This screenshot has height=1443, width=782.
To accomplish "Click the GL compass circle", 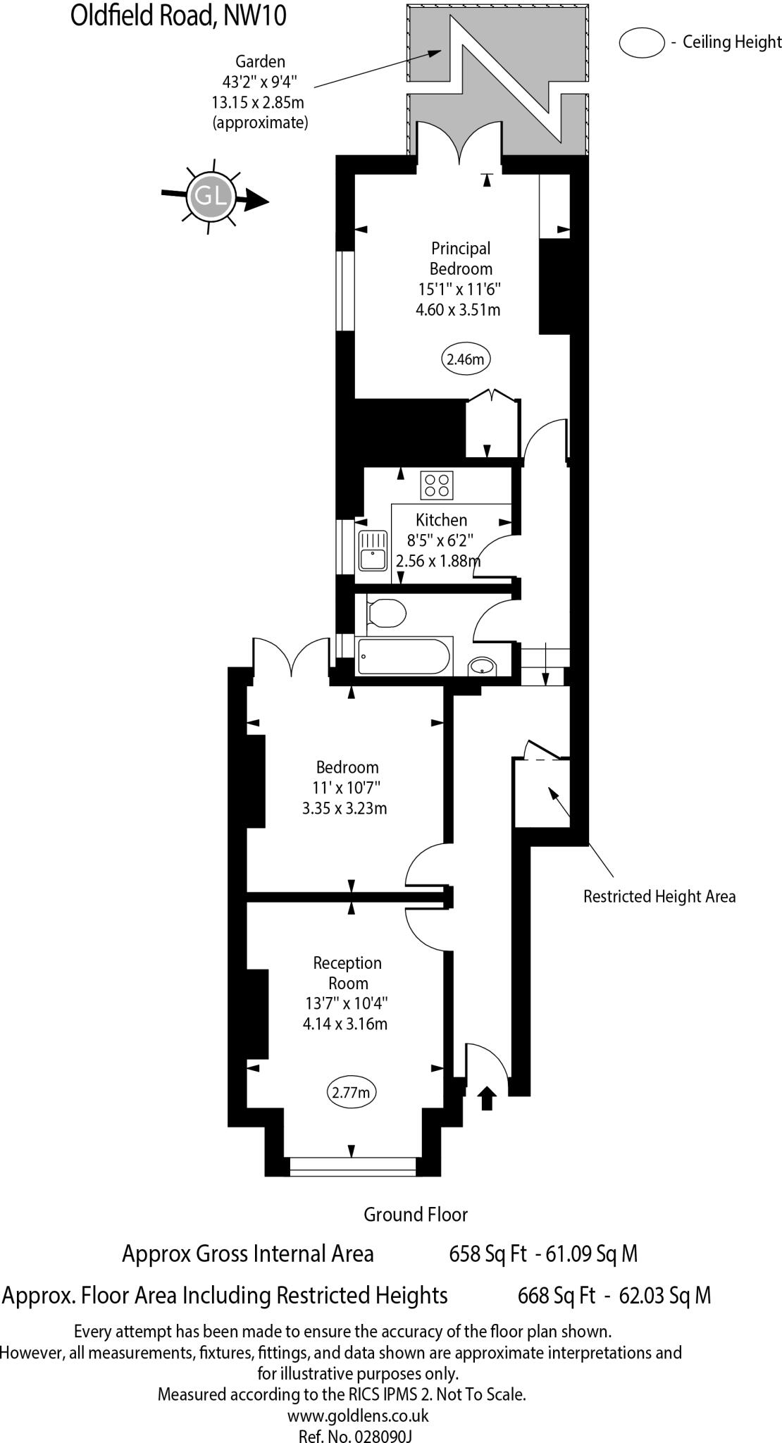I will [210, 195].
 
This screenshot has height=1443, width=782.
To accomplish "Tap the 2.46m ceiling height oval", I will [466, 359].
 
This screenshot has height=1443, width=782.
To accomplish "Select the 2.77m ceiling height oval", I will [351, 1093].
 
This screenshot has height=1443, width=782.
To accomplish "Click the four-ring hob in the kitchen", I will [437, 485].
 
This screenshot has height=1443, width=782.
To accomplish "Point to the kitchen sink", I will [372, 551].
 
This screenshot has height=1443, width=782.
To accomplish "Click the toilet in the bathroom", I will [386, 612].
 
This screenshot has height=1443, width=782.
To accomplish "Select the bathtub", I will [404, 655].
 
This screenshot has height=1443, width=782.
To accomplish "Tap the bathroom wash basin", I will [482, 666].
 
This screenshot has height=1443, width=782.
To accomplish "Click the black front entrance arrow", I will [487, 1098].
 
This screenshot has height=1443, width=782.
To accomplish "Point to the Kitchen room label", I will [441, 520].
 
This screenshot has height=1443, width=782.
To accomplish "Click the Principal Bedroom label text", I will [461, 259].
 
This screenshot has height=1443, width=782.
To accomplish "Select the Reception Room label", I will [347, 972].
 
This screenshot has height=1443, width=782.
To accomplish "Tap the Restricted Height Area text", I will [659, 896].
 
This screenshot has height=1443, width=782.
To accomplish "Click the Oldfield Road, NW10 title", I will [178, 16].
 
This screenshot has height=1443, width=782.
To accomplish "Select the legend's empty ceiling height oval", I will [641, 42].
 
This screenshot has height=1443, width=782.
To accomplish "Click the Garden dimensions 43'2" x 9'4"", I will [260, 82].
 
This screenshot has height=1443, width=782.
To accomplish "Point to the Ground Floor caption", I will [415, 1214].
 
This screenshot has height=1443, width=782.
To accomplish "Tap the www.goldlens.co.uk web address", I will [358, 1416].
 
